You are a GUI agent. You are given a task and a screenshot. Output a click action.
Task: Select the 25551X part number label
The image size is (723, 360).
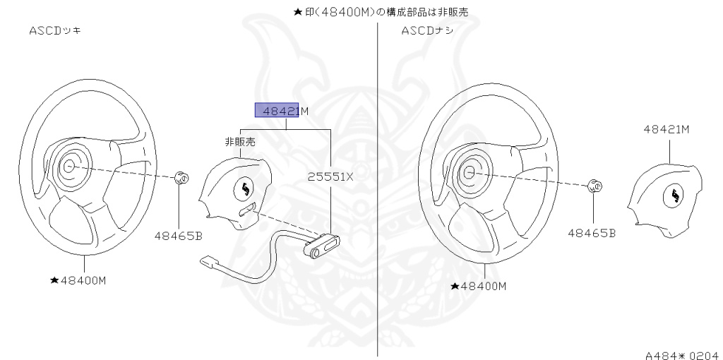pos(330,177)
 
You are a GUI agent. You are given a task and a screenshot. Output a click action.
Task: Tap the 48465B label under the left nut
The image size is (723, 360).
pos(178,236)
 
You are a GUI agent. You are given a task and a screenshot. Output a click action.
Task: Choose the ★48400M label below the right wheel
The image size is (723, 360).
pos(479,286)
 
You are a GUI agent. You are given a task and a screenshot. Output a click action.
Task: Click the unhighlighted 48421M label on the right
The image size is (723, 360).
pos(666,129)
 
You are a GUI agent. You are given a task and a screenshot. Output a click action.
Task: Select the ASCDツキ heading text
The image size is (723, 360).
pos(54,31)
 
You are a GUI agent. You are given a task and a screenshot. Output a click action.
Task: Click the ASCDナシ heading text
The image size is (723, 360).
pos(427,31)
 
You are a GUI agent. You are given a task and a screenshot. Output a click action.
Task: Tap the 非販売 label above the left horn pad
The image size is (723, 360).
pos(239,142)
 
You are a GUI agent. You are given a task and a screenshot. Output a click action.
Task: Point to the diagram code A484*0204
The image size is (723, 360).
pos(681,355)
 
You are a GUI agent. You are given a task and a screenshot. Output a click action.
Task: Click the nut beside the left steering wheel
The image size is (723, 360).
pos(180,177)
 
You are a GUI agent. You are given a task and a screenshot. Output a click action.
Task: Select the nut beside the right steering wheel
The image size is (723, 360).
pos(594,186)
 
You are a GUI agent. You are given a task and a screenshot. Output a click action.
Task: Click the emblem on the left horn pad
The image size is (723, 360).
pos(245,188)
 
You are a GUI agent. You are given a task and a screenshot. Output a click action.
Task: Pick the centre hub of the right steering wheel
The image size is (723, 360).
pos(468,172)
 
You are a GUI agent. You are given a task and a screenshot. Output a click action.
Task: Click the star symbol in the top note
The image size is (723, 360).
pos(297,13)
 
